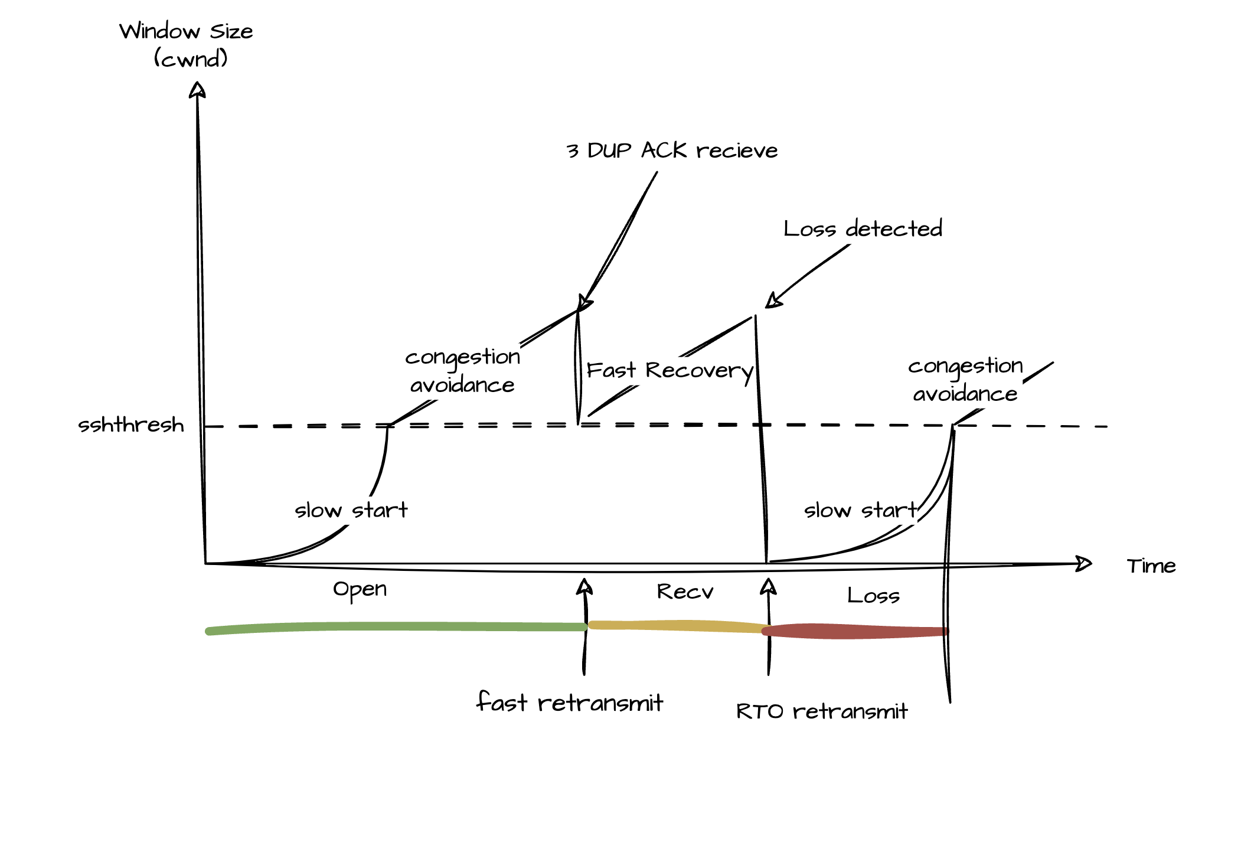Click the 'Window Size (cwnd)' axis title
187,44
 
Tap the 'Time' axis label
1151,566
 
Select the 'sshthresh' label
131,425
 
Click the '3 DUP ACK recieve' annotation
672,151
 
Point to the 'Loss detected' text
863,228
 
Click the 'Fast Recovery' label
670,371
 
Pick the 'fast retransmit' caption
570,703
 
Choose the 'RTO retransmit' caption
821,711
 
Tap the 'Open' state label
360,589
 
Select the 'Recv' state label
685,592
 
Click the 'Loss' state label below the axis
873,596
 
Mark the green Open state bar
396,627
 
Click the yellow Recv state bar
676,626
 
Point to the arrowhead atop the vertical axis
197,90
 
